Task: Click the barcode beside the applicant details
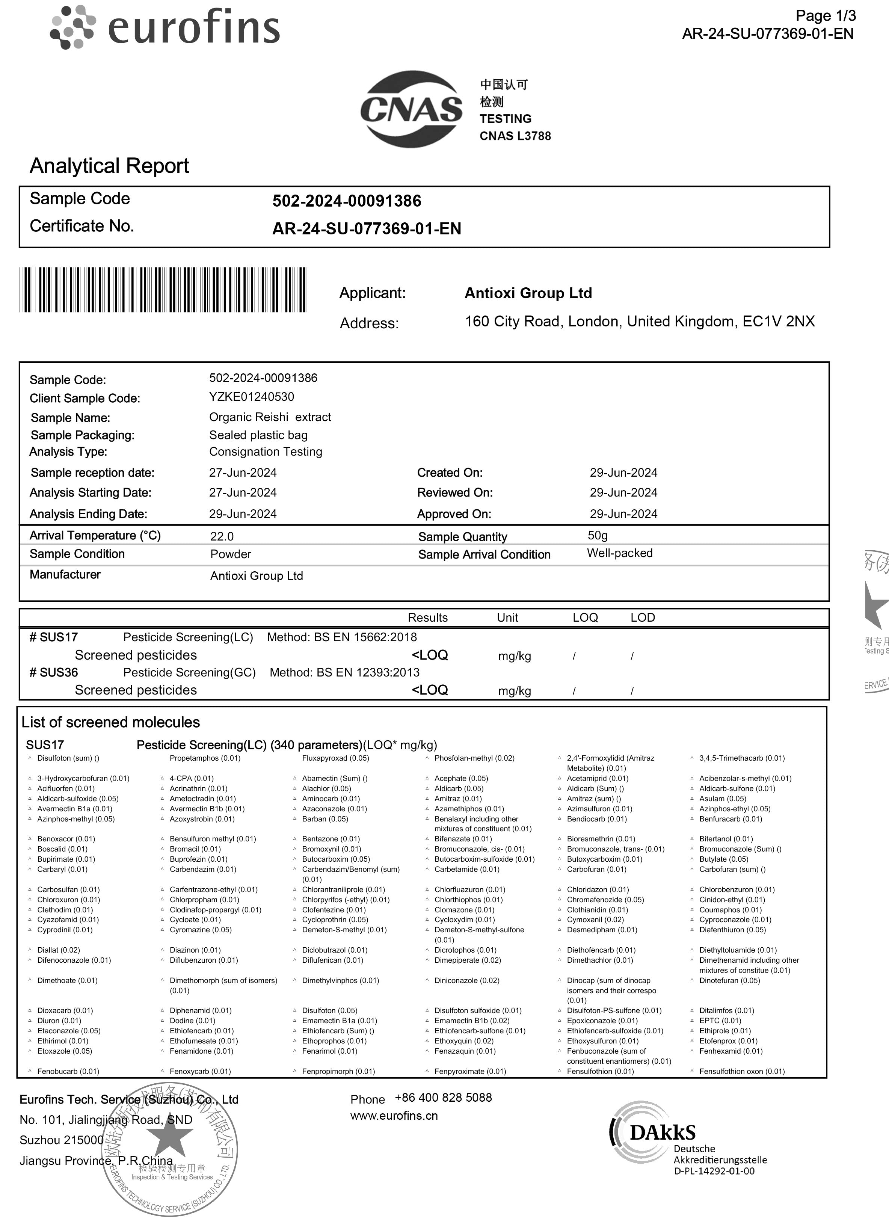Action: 163,290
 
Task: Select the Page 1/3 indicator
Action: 826,16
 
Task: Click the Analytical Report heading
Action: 109,166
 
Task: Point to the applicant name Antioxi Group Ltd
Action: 528,293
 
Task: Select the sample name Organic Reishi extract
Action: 270,417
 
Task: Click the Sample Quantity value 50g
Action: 597,536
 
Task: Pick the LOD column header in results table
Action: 643,618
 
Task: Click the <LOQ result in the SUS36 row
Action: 429,690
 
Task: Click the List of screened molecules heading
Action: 110,722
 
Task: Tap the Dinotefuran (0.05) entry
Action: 729,981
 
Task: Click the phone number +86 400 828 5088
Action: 443,1098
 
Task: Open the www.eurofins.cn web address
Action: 394,1116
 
